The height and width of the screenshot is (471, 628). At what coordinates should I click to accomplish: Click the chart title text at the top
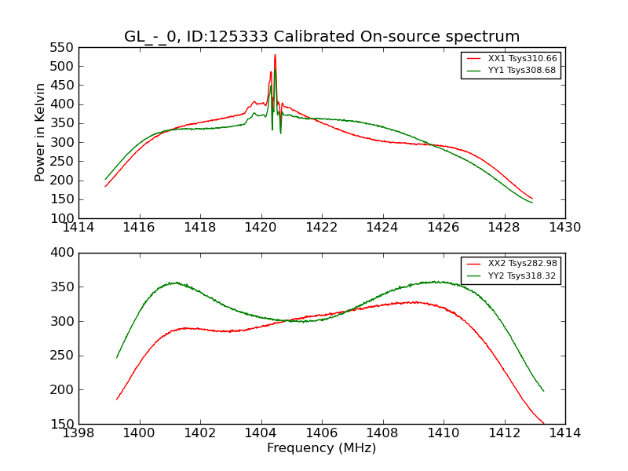coord(322,37)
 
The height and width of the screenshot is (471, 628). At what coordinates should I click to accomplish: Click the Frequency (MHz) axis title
coord(322,448)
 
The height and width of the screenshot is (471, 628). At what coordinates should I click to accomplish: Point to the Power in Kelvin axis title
coord(41,133)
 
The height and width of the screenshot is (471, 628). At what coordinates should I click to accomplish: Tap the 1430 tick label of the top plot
coord(565,228)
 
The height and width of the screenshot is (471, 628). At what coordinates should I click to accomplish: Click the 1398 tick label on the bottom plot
coord(78,433)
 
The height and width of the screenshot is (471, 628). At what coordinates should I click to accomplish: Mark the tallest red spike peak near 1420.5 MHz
coord(275,55)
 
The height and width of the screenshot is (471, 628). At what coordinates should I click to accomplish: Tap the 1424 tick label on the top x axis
coord(383,228)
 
